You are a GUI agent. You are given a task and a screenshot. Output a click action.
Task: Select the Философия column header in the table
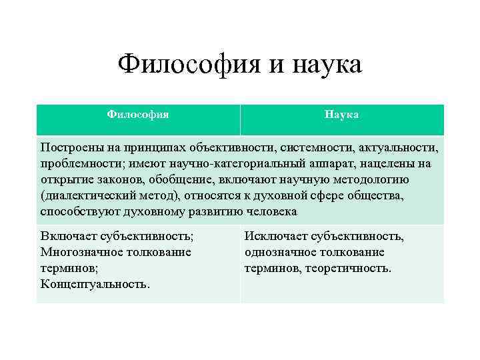138,115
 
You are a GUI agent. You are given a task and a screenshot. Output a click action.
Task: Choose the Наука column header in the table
342,115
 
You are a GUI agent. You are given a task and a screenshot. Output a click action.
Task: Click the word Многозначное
80,252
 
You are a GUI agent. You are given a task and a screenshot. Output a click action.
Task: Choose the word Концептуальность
95,284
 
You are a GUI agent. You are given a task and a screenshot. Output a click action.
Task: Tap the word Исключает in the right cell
273,236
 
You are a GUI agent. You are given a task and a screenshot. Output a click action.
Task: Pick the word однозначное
279,252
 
